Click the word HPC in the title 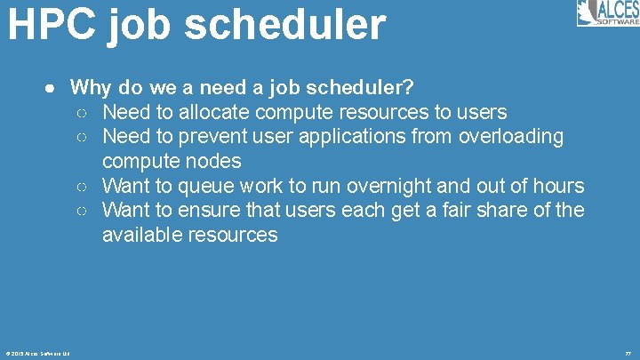click(52, 25)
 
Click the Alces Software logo click(607, 13)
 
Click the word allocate click(215, 112)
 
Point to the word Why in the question click(90, 88)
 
